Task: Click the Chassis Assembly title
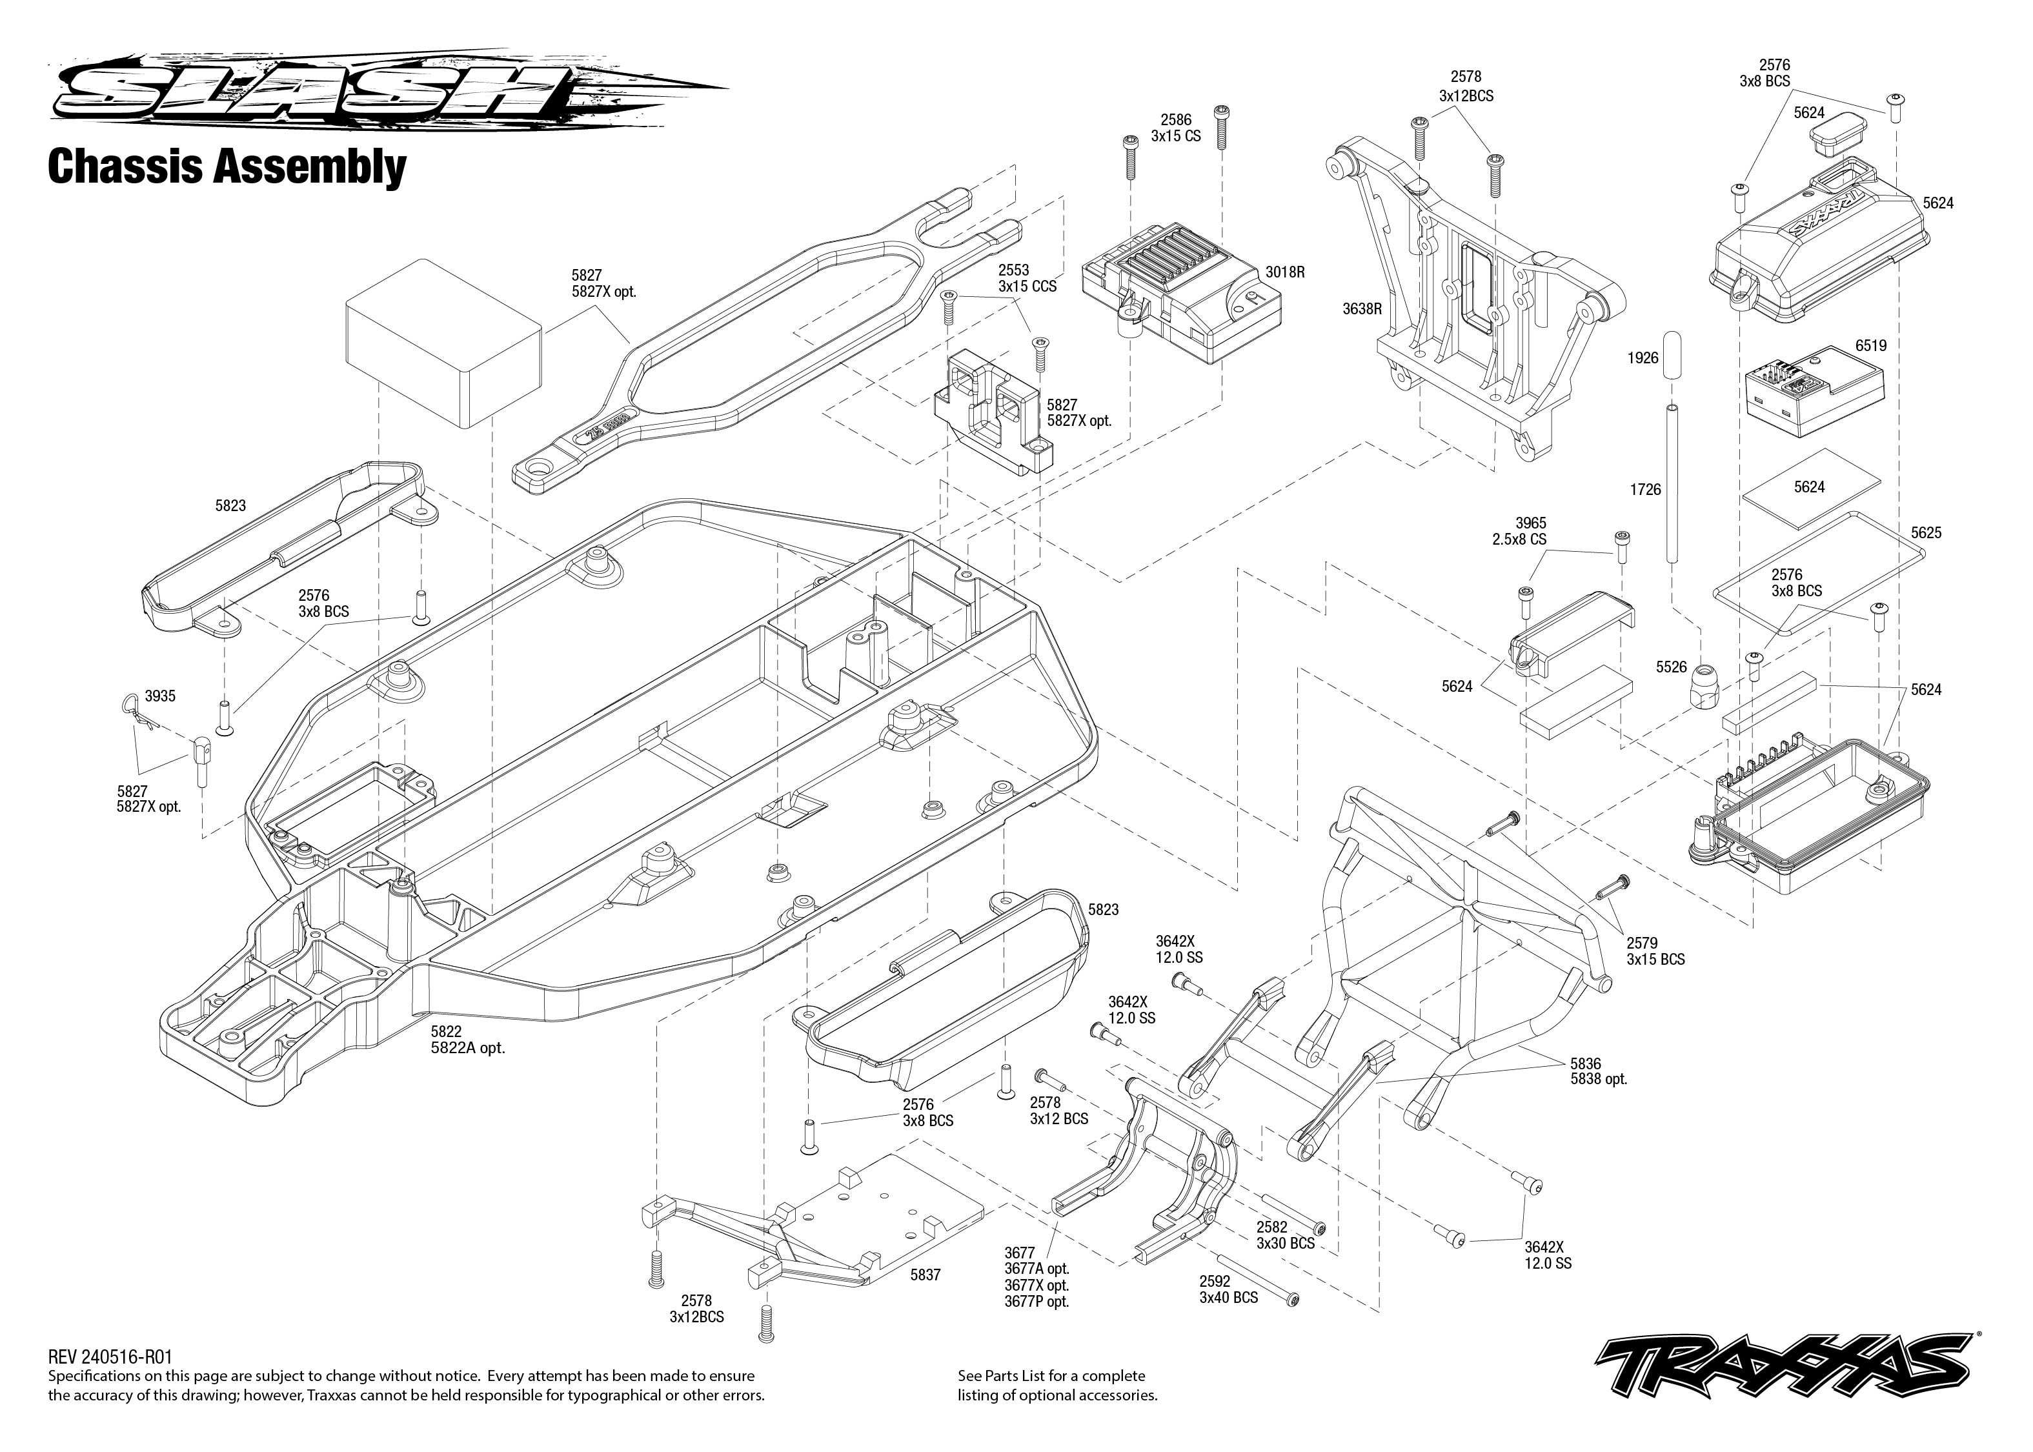pos(227,166)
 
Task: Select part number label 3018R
pos(1285,272)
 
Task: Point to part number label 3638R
pos(1362,309)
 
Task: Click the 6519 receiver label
pos(1870,346)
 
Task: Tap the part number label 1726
pos(1645,490)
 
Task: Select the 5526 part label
pos(1671,667)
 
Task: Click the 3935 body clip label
pos(160,696)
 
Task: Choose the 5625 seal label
pos(1926,533)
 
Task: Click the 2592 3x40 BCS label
pos(1228,1289)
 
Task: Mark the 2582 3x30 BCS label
pos(1285,1236)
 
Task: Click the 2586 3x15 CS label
pos(1176,128)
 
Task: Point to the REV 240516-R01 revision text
pos(110,1357)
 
